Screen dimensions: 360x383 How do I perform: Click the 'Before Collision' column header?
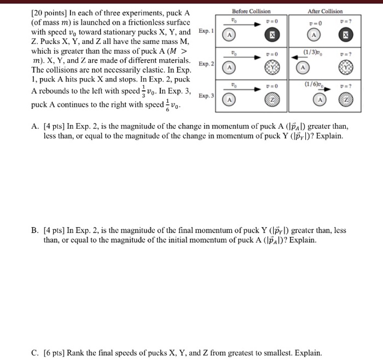point(251,11)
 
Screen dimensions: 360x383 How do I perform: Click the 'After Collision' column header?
point(325,11)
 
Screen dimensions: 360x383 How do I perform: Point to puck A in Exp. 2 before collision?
point(231,68)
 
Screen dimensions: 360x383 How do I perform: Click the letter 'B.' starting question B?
point(35,231)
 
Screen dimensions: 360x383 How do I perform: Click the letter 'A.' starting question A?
point(35,126)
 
